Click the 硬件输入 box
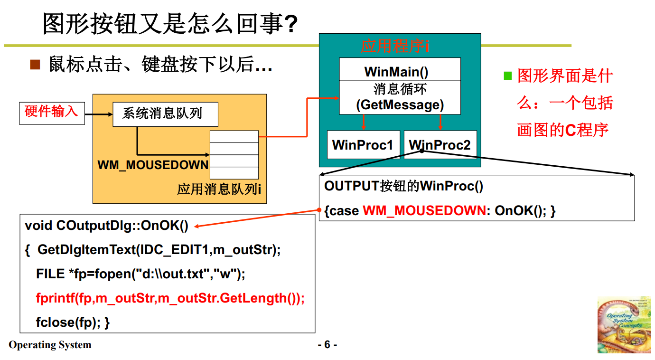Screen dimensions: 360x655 52,113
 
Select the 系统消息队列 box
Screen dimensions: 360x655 165,114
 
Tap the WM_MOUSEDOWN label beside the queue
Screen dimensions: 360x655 153,165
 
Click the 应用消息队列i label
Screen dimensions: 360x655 219,189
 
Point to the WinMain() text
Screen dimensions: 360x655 396,72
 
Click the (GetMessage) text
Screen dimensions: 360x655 400,104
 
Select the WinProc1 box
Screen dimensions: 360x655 363,145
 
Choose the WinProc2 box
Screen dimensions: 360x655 440,145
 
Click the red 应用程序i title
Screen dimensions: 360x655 395,47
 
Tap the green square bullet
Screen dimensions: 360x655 508,76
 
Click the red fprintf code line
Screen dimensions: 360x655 170,298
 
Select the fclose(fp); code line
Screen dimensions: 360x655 73,322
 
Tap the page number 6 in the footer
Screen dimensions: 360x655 327,345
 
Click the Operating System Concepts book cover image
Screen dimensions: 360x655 624,325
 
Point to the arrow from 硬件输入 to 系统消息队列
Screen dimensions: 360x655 98,114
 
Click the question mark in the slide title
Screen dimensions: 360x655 290,24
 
